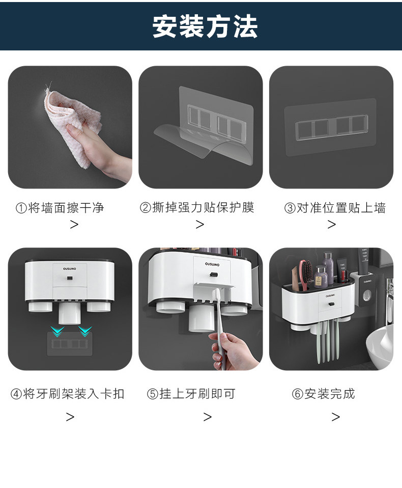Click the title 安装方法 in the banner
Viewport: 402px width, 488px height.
(205, 26)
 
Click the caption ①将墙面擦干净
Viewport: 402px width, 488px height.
(60, 208)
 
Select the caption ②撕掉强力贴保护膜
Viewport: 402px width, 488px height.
(197, 207)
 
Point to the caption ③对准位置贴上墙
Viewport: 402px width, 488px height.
(335, 208)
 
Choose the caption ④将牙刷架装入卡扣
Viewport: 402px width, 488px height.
(68, 394)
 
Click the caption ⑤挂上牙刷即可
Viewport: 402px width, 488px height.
(191, 394)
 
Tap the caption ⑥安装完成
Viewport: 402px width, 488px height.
(323, 394)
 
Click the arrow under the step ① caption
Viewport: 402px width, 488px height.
(74, 225)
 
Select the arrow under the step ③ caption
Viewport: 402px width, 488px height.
(332, 225)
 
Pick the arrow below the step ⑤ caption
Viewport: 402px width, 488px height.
(208, 417)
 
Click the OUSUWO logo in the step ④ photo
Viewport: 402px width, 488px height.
(69, 268)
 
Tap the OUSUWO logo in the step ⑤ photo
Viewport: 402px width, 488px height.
(212, 264)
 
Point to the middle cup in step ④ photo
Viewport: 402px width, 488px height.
(70, 313)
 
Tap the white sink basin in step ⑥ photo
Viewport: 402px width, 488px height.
(380, 346)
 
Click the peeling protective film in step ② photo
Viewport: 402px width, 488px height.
(204, 143)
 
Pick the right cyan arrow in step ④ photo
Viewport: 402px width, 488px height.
(85, 331)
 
